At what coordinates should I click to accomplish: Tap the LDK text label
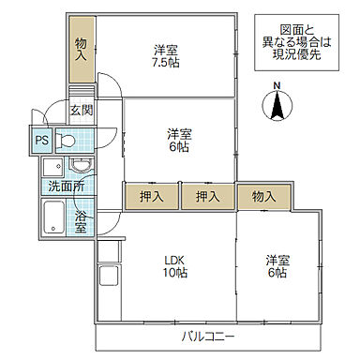click(x=173, y=260)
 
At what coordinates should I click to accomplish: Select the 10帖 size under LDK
click(x=173, y=273)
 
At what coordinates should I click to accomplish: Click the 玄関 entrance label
click(x=82, y=110)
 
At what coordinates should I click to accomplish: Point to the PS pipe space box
click(x=41, y=141)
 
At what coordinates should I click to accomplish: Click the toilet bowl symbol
click(x=67, y=142)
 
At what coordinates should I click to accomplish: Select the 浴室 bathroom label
click(x=82, y=222)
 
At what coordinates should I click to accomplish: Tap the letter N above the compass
click(x=277, y=89)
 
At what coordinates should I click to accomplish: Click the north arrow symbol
click(x=277, y=109)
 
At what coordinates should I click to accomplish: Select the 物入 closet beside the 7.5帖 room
click(x=82, y=48)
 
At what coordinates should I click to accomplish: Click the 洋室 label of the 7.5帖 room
click(x=168, y=49)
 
